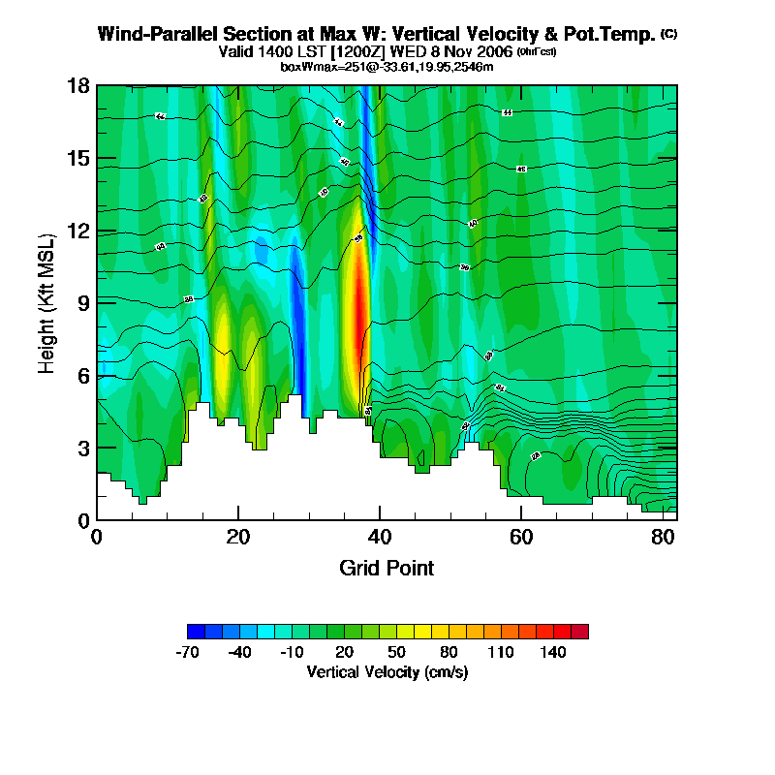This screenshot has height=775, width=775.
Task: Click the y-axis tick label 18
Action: click(79, 86)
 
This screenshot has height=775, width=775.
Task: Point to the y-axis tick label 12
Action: click(79, 231)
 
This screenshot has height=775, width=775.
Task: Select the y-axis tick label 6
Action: click(84, 375)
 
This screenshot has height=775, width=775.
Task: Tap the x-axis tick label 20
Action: click(238, 536)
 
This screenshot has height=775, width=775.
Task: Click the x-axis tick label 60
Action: click(521, 536)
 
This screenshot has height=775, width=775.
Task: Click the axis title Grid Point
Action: click(387, 568)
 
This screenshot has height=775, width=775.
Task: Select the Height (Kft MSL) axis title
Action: click(47, 303)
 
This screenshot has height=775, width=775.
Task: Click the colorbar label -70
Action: click(187, 653)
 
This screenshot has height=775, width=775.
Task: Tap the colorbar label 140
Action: click(553, 653)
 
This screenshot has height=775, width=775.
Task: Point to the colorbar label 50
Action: click(396, 653)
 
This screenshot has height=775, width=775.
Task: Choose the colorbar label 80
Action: click(449, 653)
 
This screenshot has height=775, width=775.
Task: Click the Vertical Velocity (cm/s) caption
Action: click(387, 672)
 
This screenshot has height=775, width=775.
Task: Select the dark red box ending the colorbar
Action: click(579, 632)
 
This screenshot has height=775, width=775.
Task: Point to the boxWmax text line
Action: click(387, 67)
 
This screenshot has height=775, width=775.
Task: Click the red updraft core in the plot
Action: click(359, 310)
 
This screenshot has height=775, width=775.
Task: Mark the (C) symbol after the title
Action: click(668, 34)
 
